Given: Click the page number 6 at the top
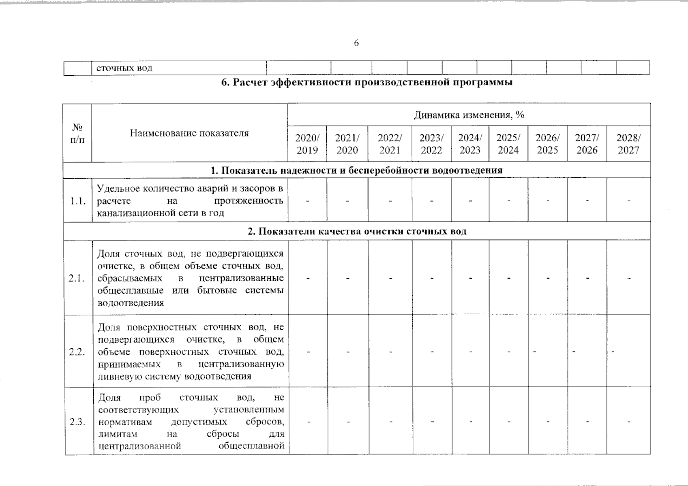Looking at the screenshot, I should (356, 43).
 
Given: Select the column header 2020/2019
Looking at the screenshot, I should (307, 144).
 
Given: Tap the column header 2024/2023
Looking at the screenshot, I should (470, 144).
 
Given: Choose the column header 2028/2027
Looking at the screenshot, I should (628, 144).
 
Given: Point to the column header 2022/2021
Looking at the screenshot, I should (390, 144).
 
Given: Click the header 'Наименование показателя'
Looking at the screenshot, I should (189, 133).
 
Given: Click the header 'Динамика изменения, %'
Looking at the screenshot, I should (469, 115).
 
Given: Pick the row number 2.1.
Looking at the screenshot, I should (77, 278).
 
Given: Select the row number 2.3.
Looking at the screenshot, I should (77, 422).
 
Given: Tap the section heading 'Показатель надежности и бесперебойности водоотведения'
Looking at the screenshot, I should (357, 171).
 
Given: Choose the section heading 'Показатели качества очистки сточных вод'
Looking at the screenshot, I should (357, 232).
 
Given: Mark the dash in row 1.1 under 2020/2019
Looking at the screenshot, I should (308, 200).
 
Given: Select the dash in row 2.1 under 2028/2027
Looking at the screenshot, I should (629, 278).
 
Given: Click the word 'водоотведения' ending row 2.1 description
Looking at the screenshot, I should (131, 303).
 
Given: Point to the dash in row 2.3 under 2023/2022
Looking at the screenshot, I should (433, 422).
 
